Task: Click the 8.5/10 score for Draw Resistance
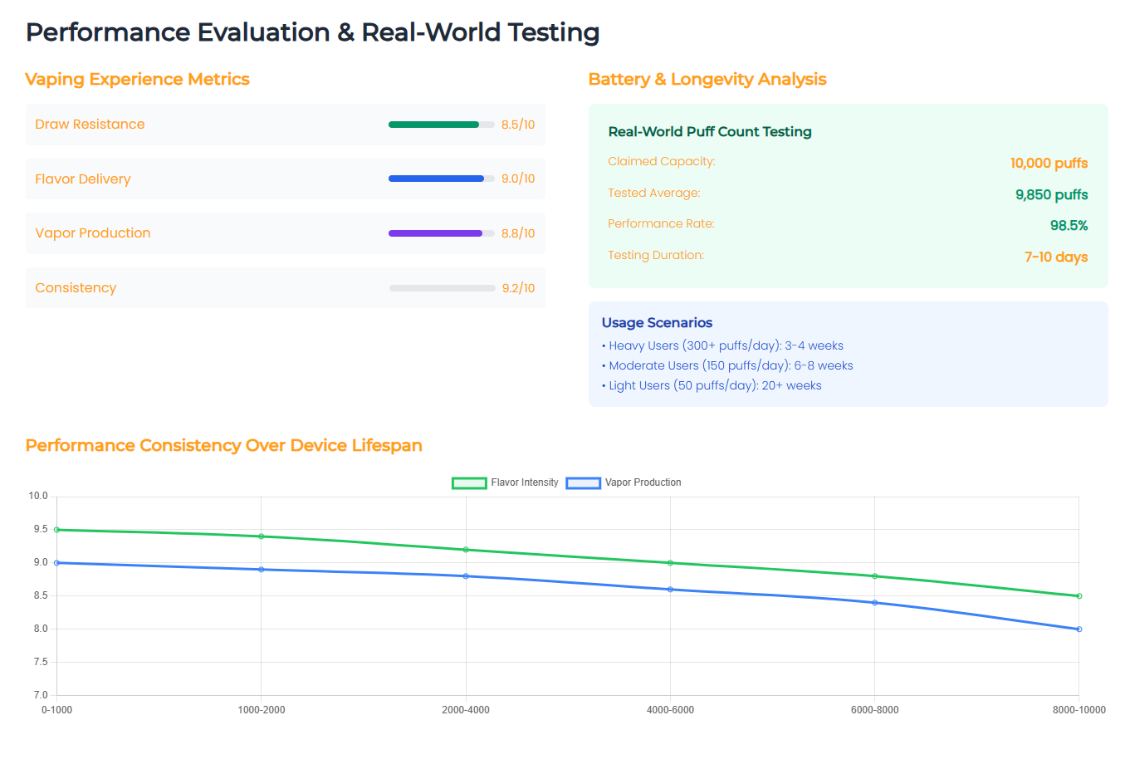(517, 125)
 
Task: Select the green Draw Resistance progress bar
(433, 125)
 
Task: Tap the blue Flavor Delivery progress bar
(436, 179)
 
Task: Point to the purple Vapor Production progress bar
(435, 233)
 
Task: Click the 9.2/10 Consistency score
(518, 288)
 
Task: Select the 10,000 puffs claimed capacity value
(1049, 164)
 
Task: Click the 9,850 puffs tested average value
(1051, 195)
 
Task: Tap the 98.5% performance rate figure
(1069, 226)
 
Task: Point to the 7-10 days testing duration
(1056, 257)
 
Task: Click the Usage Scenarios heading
(657, 322)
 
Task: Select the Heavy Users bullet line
(722, 345)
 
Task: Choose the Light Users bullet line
(712, 385)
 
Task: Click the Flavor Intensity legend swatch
(469, 483)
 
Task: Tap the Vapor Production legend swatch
(583, 483)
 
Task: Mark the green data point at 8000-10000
(1079, 596)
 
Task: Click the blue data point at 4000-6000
(670, 590)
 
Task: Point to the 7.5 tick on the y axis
(41, 662)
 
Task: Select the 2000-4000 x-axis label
(466, 710)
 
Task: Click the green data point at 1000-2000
(262, 536)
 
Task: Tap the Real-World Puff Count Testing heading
(710, 132)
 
